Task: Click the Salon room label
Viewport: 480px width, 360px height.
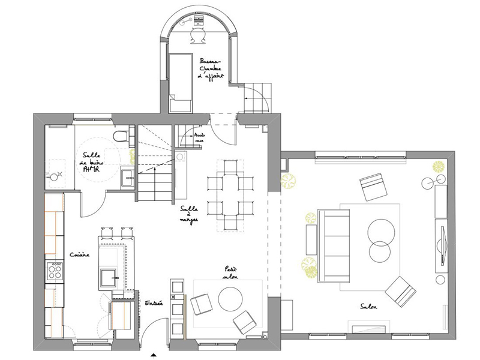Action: (368, 305)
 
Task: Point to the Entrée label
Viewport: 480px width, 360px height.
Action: (154, 304)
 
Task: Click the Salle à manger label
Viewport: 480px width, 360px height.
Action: (188, 214)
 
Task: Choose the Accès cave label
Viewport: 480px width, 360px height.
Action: (200, 138)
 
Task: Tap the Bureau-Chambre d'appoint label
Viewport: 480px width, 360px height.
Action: (211, 69)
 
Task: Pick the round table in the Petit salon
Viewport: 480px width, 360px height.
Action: (230, 298)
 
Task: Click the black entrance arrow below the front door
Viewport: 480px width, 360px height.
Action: (154, 355)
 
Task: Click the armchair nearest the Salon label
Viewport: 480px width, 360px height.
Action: (400, 290)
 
